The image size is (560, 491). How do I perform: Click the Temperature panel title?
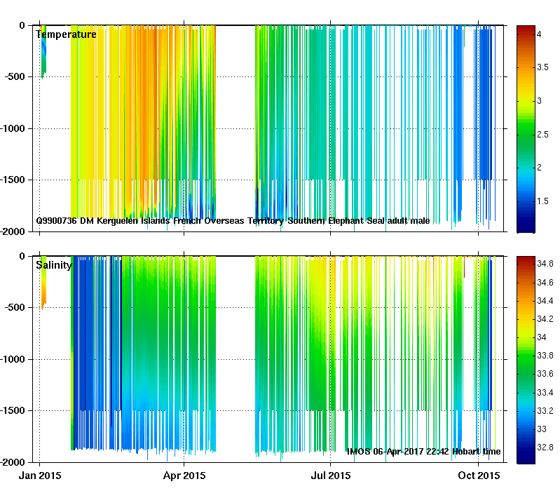coord(66,34)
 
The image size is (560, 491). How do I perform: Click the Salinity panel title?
coord(53,264)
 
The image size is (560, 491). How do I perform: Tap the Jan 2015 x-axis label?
coord(40,476)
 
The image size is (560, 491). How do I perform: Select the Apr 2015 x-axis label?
coord(184,476)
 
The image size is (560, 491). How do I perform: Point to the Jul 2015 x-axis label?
coord(330,476)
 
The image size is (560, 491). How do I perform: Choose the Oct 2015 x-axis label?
coord(479,476)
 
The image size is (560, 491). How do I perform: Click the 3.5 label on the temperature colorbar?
coord(543,67)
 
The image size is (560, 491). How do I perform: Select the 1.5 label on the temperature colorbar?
coord(543,201)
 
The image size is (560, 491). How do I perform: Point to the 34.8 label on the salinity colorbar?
coord(545,264)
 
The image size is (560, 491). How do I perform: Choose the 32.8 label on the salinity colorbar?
coord(545,447)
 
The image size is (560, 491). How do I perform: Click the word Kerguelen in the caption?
coord(117,221)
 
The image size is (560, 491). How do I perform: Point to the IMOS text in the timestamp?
coord(360,452)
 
